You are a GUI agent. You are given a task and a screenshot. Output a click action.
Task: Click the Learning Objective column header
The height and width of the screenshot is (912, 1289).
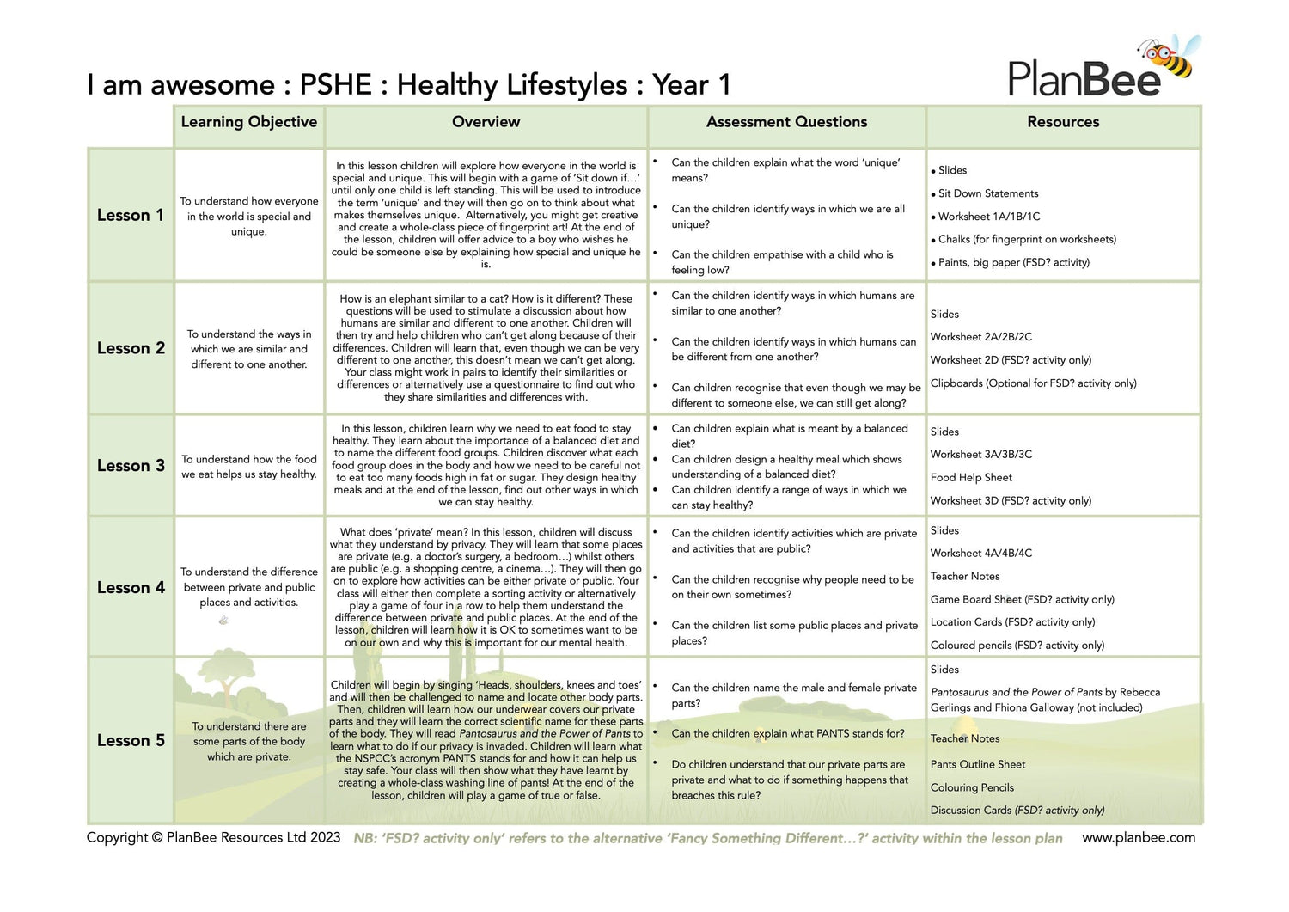[248, 122]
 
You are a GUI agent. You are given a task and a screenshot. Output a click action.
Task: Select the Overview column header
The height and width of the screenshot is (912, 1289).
[486, 122]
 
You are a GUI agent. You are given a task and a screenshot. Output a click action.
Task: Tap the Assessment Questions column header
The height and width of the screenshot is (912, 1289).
[786, 122]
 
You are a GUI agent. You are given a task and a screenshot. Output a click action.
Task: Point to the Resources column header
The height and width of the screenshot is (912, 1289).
[1063, 122]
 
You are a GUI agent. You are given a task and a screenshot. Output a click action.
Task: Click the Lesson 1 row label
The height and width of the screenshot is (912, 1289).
[130, 215]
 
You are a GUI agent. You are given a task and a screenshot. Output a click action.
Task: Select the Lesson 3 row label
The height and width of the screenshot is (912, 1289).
[130, 465]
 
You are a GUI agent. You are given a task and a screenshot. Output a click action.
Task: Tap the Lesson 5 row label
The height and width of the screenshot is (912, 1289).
[130, 740]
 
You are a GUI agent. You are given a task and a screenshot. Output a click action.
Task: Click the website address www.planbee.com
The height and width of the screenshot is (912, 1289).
[1138, 837]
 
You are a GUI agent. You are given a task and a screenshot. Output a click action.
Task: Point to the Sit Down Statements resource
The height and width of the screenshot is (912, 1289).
[988, 193]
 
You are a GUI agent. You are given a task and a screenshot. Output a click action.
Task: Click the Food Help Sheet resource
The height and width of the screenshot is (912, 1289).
[971, 477]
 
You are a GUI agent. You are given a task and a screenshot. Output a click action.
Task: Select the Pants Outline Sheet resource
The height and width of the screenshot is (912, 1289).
[977, 764]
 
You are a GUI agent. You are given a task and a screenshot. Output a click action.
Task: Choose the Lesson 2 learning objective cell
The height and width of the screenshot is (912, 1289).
[249, 349]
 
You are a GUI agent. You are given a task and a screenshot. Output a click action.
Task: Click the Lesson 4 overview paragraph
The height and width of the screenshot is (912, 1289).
[486, 587]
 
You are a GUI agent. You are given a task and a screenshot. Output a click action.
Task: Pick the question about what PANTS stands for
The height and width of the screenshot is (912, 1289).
[787, 733]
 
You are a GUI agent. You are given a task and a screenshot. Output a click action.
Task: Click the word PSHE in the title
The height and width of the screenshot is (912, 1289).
[335, 85]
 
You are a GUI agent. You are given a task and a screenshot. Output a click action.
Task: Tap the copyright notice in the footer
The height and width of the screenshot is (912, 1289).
[213, 837]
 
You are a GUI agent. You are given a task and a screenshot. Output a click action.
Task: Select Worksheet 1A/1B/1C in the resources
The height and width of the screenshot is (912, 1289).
[989, 217]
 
